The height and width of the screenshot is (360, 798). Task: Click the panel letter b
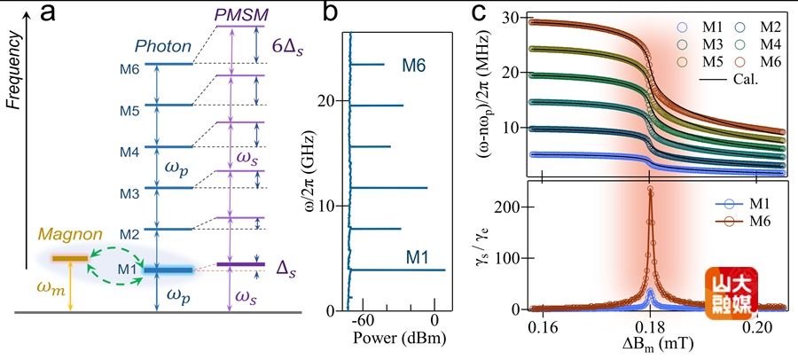[x=304, y=14]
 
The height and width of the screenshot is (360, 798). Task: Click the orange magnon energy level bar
[x=69, y=258]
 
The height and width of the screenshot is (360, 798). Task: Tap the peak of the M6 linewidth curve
[x=651, y=189]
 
